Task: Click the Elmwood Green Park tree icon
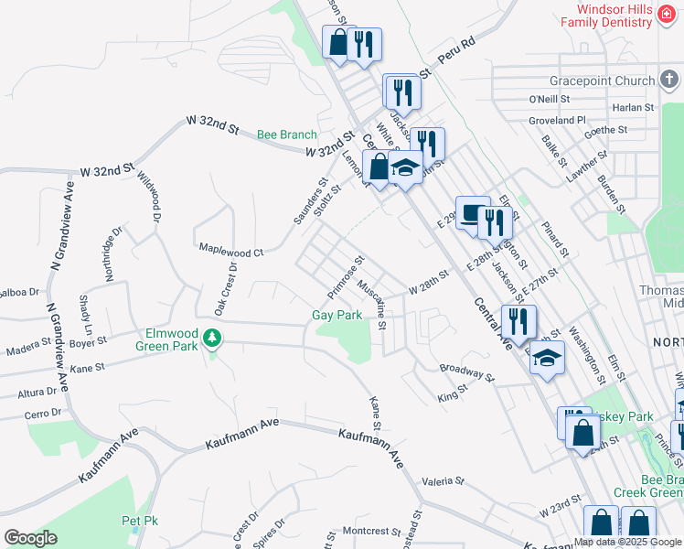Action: pyautogui.click(x=213, y=339)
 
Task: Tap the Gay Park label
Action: pyautogui.click(x=337, y=315)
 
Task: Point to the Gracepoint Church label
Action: pyautogui.click(x=596, y=81)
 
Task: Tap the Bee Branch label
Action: pyautogui.click(x=286, y=135)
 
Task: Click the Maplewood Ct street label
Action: pyautogui.click(x=231, y=250)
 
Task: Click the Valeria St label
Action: pyautogui.click(x=444, y=480)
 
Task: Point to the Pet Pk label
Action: pyautogui.click(x=140, y=521)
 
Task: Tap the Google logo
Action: pyautogui.click(x=30, y=538)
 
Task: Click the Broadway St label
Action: pyautogui.click(x=466, y=371)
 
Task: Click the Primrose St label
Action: pyautogui.click(x=347, y=276)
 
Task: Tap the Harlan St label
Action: pyautogui.click(x=633, y=107)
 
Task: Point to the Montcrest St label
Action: pyautogui.click(x=367, y=531)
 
